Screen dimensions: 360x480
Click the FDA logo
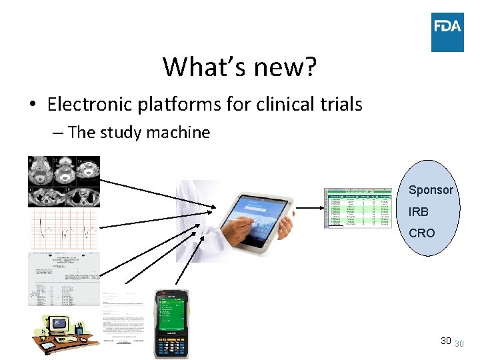click(447, 32)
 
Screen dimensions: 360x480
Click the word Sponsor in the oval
click(430, 190)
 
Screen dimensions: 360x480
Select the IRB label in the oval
click(418, 211)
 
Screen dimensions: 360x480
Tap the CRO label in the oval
click(421, 233)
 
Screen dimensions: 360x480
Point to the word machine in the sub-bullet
click(179, 133)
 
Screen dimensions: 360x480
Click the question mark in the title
click(309, 67)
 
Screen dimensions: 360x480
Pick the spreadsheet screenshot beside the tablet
click(359, 208)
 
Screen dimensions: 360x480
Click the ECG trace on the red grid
click(63, 231)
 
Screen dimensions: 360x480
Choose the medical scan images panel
click(63, 181)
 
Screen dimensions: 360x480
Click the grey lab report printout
click(63, 279)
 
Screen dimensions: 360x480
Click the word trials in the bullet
click(339, 104)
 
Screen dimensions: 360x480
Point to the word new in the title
click(273, 67)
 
